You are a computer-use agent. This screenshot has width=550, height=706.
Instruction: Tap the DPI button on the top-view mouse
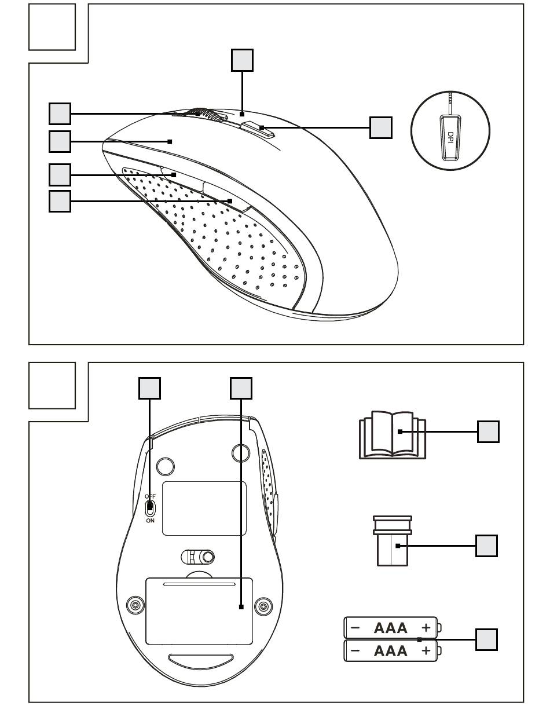pos(257,129)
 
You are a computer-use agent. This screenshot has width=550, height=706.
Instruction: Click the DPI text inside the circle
pos(450,138)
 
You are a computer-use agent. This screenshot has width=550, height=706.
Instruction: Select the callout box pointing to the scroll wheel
pos(60,114)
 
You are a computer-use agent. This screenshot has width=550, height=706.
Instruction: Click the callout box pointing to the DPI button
pos(380,127)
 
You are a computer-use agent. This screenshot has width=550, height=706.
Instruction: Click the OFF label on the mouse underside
pos(150,496)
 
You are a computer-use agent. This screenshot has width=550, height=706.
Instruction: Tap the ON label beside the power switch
pos(150,520)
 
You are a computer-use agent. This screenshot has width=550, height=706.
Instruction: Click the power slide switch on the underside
pos(150,508)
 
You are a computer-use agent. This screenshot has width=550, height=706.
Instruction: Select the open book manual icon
pos(393,436)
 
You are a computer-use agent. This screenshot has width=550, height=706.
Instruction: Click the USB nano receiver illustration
pos(393,542)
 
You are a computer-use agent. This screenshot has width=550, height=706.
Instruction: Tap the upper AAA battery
pos(391,627)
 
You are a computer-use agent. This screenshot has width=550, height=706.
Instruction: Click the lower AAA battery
pos(391,650)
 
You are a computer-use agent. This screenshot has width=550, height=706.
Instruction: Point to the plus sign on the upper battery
pos(426,627)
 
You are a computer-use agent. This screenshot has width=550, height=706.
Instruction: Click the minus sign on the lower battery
pos(355,650)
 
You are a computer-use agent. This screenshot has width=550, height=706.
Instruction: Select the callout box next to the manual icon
pos(488,431)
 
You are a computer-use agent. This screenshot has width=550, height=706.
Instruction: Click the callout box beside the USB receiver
pos(486,546)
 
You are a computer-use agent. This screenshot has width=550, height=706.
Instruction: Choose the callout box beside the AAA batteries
pos(486,639)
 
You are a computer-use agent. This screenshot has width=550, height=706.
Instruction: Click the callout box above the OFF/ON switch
pos(149,389)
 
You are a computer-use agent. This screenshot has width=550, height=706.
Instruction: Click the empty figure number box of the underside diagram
pos(52,386)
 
